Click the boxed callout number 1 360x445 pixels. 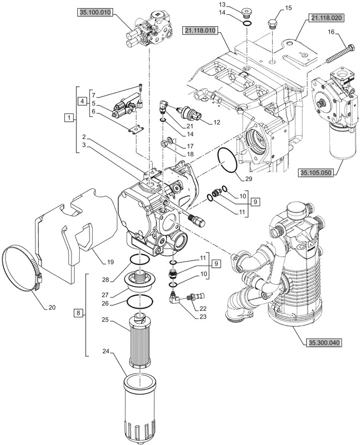click(68, 118)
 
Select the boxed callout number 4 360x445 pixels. click(81, 101)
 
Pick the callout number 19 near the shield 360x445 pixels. click(110, 262)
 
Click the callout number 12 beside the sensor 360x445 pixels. click(217, 122)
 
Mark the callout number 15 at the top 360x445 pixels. click(289, 8)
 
